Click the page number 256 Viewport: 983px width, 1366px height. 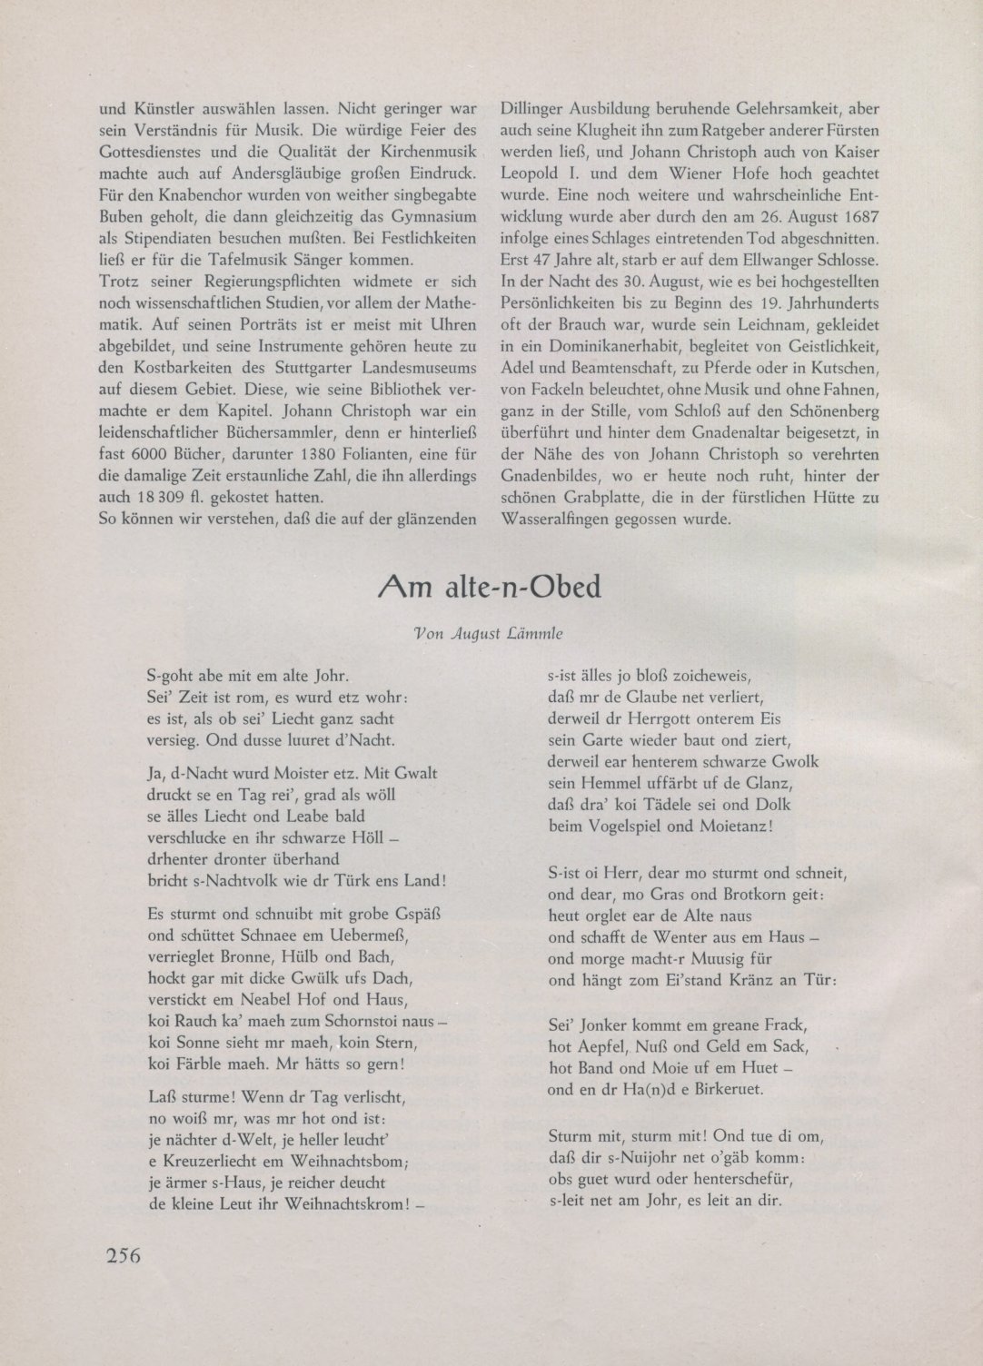(121, 1256)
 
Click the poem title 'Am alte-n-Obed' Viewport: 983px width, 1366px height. (491, 588)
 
